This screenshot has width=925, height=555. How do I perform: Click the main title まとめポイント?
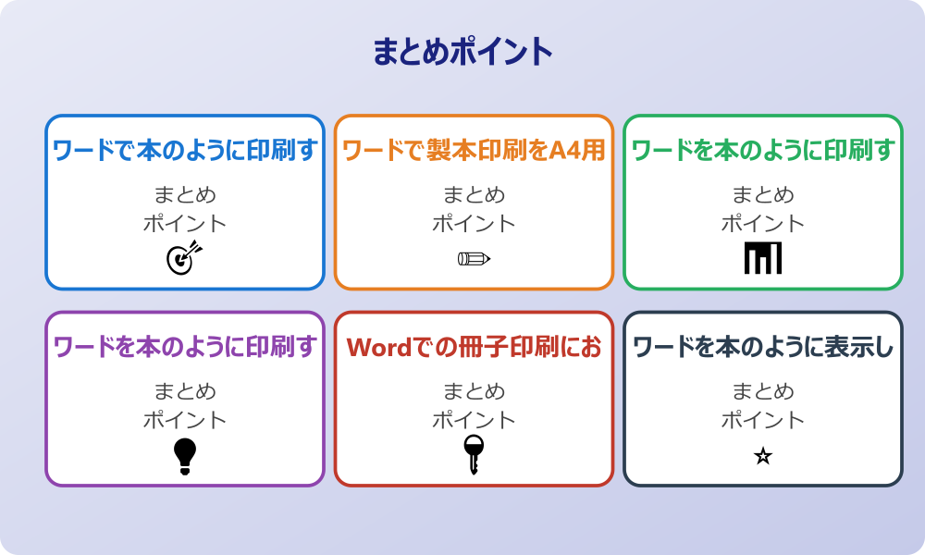[462, 52]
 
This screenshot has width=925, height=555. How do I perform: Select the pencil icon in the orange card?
[474, 258]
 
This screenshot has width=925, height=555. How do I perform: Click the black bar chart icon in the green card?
[763, 258]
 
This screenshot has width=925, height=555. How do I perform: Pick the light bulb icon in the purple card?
[185, 455]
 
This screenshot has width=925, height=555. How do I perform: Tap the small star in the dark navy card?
[763, 456]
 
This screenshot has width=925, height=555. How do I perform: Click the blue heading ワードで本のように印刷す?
[185, 150]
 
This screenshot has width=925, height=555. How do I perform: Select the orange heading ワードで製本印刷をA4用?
[474, 150]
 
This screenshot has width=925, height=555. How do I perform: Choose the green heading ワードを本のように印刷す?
[763, 150]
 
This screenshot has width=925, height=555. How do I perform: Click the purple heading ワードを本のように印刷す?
[185, 347]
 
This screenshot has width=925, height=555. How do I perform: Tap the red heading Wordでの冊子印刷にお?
[474, 347]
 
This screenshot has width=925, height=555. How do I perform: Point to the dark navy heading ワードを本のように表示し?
[763, 347]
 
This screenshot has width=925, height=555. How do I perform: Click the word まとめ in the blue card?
[185, 195]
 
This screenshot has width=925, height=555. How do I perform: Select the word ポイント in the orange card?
[474, 223]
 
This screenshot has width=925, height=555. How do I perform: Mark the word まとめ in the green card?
[763, 195]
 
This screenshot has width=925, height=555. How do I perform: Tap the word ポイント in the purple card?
[185, 420]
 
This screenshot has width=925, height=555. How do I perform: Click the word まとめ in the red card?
[474, 392]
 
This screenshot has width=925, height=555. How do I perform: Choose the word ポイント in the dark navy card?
[763, 420]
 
